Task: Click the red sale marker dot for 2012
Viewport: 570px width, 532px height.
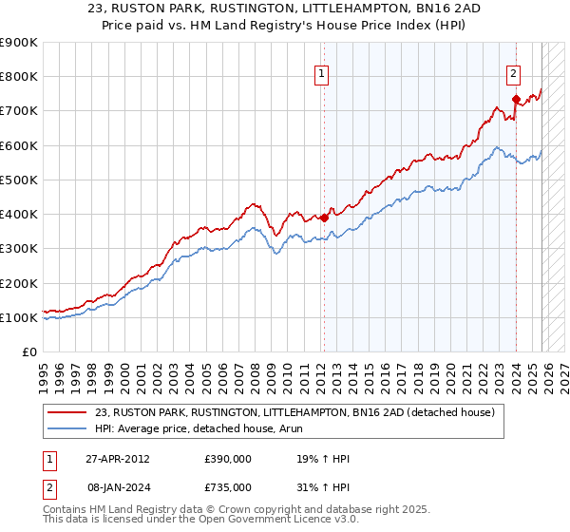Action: click(x=324, y=218)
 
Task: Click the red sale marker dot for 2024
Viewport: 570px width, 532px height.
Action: click(x=516, y=98)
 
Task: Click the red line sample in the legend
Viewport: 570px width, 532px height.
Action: click(x=66, y=413)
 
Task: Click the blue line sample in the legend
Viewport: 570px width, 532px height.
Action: click(x=66, y=429)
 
